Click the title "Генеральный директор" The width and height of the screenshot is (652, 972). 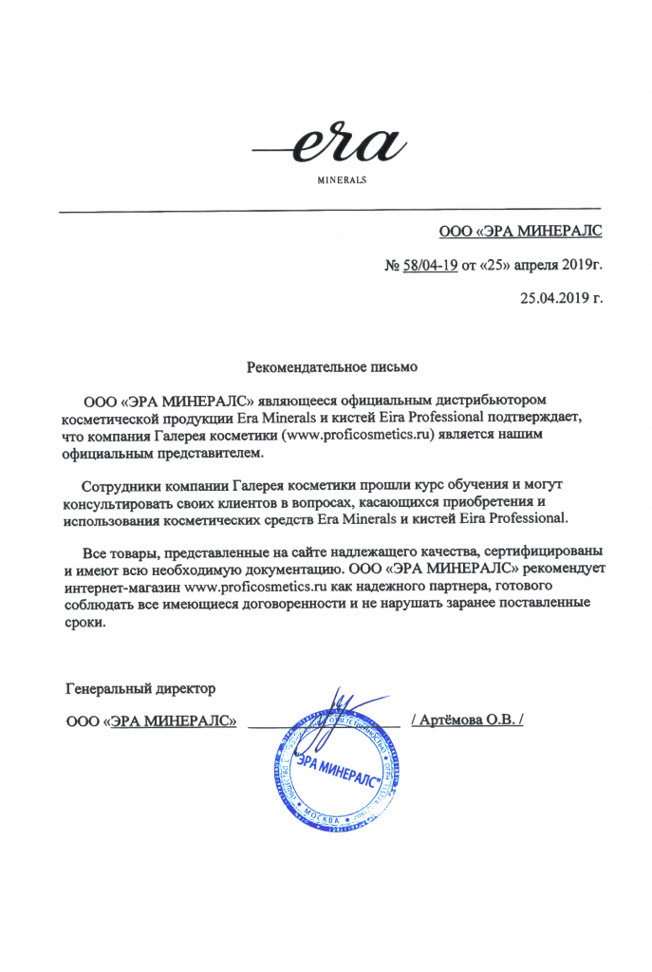[140, 686]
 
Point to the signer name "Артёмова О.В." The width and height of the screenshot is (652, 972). [468, 720]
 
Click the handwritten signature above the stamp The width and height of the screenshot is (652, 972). [339, 708]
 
